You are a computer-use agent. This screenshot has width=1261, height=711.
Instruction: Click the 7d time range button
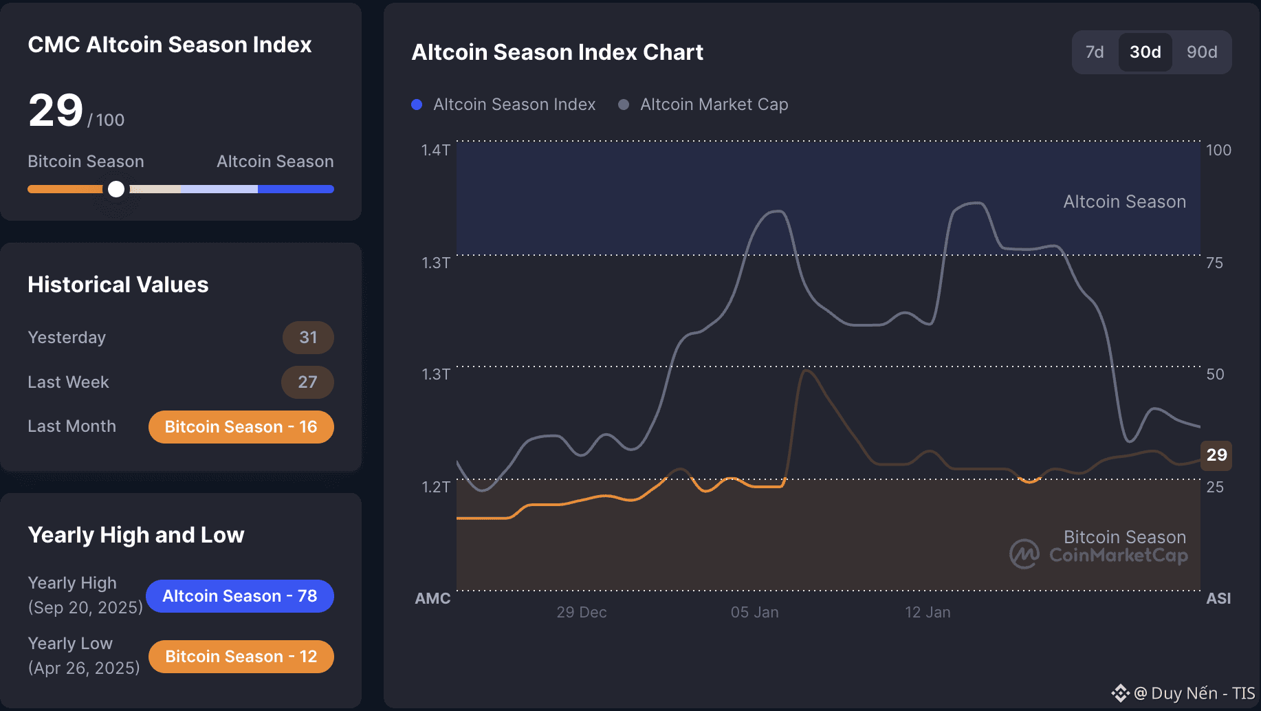1095,52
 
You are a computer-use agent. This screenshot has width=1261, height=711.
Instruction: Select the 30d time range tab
1145,52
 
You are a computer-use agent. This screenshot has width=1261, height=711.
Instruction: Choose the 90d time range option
1202,52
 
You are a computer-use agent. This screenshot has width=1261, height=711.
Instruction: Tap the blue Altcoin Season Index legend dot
417,105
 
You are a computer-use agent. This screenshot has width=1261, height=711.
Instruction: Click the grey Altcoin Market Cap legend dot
624,105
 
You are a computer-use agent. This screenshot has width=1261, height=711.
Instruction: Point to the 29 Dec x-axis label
582,612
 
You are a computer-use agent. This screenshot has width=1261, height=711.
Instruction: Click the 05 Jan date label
754,612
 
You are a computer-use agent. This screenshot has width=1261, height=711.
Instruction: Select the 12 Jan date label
928,612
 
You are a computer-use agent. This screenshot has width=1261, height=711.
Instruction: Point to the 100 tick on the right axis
1218,150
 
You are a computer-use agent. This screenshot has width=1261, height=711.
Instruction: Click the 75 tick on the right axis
1215,263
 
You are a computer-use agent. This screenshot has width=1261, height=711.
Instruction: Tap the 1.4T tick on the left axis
436,150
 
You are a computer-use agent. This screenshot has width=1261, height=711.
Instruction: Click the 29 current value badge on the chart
1216,455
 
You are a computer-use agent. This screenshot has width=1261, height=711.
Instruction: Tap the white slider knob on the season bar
116,189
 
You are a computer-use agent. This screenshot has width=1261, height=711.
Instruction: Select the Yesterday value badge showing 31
308,338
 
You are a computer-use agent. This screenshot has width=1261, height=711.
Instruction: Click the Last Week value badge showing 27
307,382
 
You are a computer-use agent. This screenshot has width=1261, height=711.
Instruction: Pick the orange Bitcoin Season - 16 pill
241,427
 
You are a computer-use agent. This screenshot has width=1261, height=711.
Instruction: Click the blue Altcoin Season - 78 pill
239,596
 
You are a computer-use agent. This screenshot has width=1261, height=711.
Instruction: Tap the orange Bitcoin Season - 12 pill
241,657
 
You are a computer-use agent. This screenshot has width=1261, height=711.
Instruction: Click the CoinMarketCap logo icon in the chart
1024,554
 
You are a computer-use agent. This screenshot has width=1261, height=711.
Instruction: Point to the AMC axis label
432,598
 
